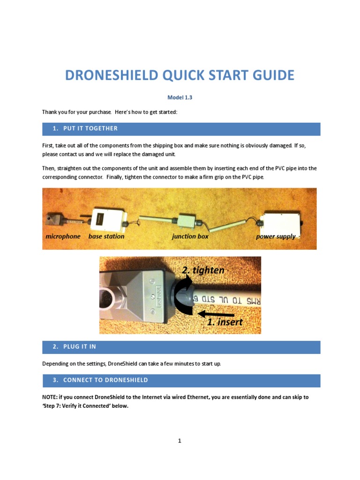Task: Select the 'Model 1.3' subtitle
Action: pos(180,97)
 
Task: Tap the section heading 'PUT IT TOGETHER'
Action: pos(90,128)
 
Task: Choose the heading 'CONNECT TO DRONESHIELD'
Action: pos(105,380)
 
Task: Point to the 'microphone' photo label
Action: pos(63,236)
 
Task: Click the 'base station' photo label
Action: pos(106,236)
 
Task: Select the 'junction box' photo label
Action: pos(190,236)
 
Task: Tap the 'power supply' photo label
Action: pos(276,236)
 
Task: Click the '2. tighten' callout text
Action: pos(203,270)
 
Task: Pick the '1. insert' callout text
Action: pos(225,322)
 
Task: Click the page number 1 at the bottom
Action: pos(180,441)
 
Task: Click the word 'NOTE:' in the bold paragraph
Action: pos(50,397)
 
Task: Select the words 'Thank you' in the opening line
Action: pos(53,112)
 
